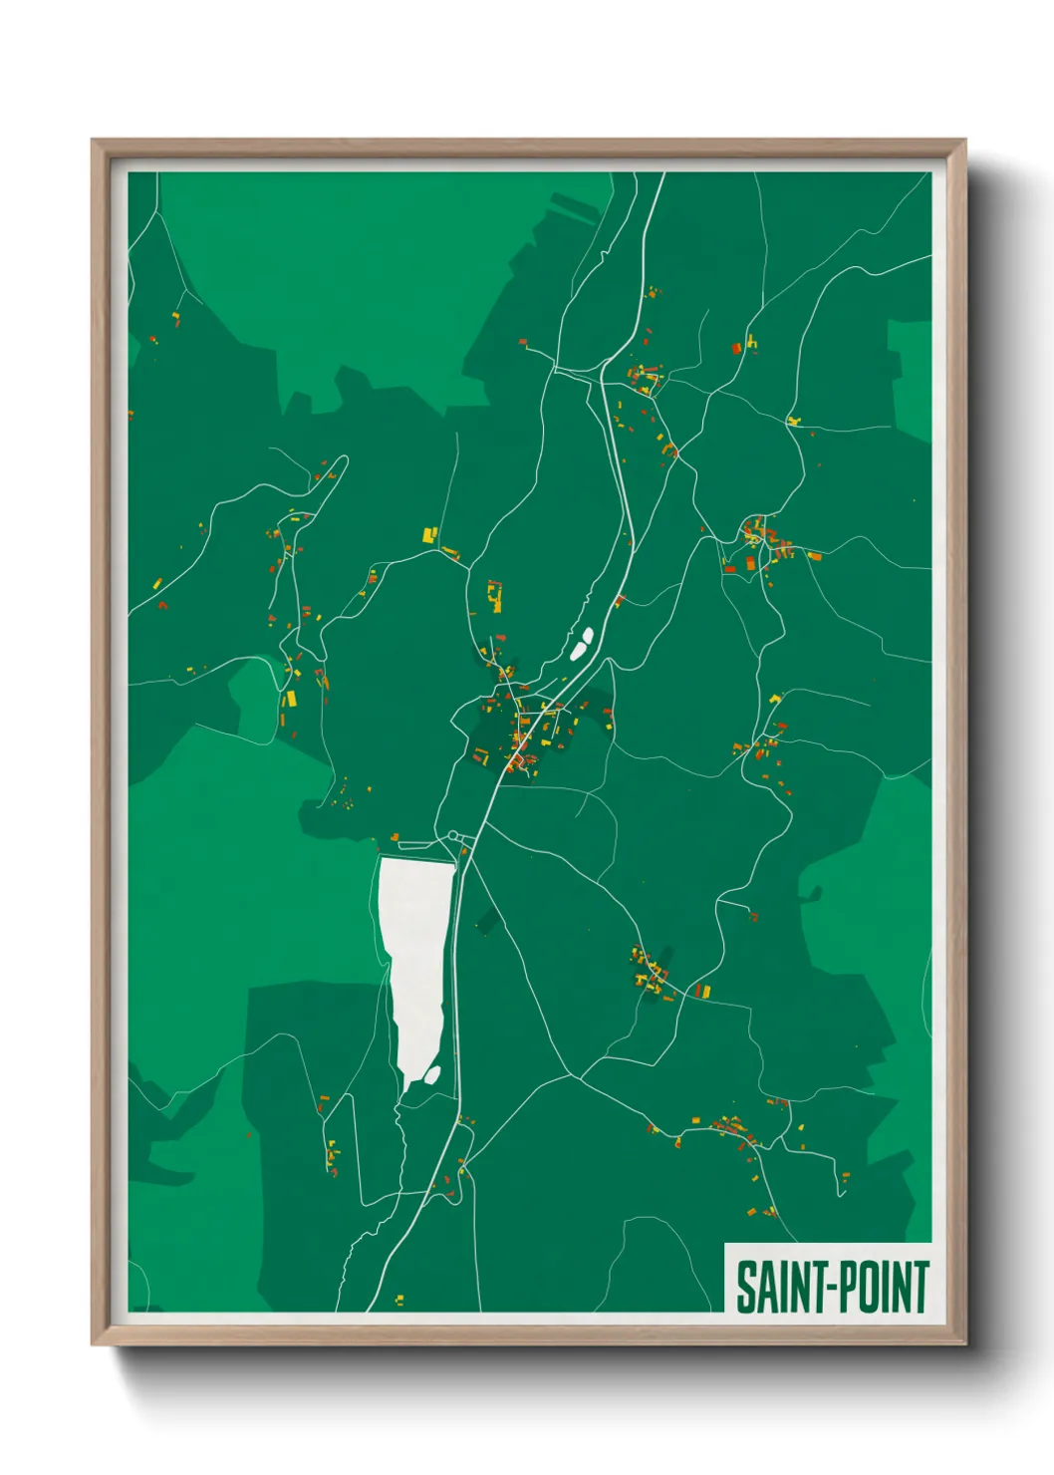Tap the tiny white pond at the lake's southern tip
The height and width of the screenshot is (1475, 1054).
pyautogui.click(x=433, y=1074)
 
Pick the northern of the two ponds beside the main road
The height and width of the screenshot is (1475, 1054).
pyautogui.click(x=588, y=635)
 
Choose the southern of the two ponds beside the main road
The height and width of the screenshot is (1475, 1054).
pyautogui.click(x=577, y=652)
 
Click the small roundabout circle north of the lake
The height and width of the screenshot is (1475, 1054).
pyautogui.click(x=453, y=835)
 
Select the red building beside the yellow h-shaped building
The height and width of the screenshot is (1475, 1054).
pyautogui.click(x=737, y=349)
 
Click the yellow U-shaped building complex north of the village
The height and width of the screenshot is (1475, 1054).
pyautogui.click(x=494, y=597)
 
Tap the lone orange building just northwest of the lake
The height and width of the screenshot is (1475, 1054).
pyautogui.click(x=395, y=837)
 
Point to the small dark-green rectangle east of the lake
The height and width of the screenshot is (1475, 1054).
pyautogui.click(x=487, y=922)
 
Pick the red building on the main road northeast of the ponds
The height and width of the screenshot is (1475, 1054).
pyautogui.click(x=619, y=601)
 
